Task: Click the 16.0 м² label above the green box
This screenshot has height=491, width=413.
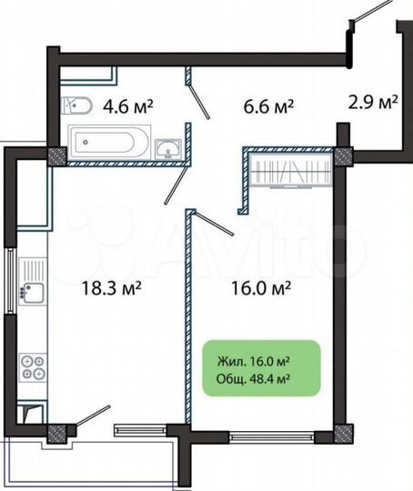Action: click(x=260, y=288)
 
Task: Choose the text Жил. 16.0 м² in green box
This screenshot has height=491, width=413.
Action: click(x=260, y=361)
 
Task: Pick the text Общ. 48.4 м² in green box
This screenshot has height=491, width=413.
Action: click(x=260, y=380)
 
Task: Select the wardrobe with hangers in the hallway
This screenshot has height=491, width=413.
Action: click(x=293, y=170)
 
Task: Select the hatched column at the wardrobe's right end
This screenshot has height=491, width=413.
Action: click(x=344, y=156)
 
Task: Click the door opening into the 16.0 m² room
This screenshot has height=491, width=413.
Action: click(x=215, y=224)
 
